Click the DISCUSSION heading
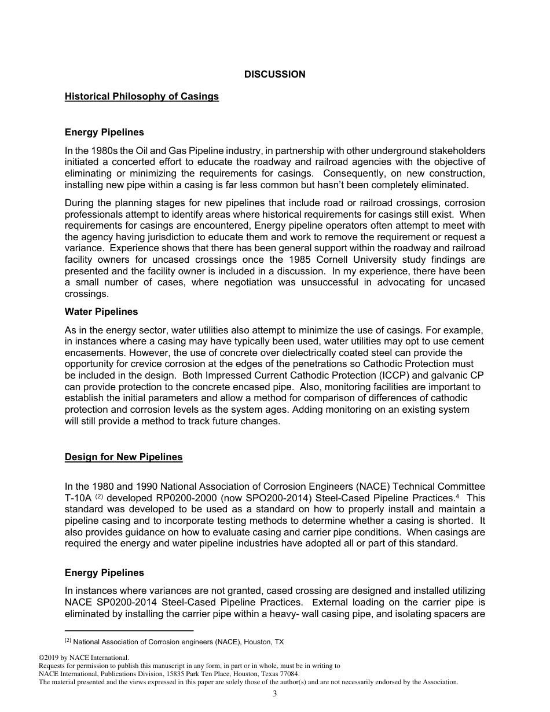pos(274,74)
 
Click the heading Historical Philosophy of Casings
pos(142,96)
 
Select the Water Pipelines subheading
pos(101,311)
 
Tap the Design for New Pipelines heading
pos(123,457)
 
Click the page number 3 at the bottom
pos(275,694)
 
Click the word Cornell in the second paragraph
pos(358,260)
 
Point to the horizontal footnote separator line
pos(129,630)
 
